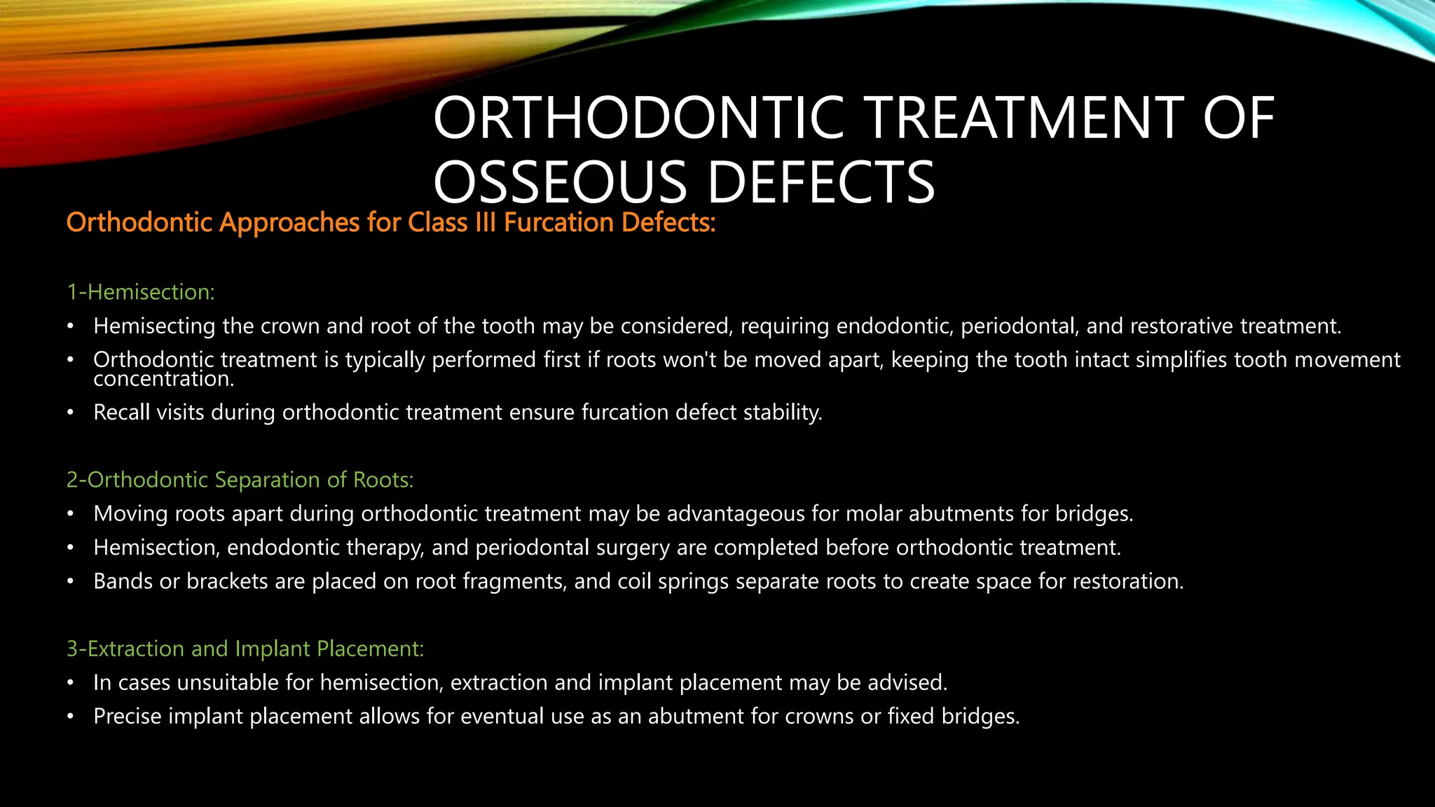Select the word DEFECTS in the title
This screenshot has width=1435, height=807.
[821, 182]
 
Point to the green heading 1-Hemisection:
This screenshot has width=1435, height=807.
[140, 291]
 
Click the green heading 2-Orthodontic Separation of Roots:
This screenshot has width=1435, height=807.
[240, 480]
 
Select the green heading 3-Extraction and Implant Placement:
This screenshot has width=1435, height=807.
[245, 649]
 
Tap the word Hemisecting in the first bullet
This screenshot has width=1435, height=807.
[154, 326]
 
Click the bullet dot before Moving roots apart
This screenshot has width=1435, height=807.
[70, 514]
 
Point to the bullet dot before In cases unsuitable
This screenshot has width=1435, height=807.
[70, 683]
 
